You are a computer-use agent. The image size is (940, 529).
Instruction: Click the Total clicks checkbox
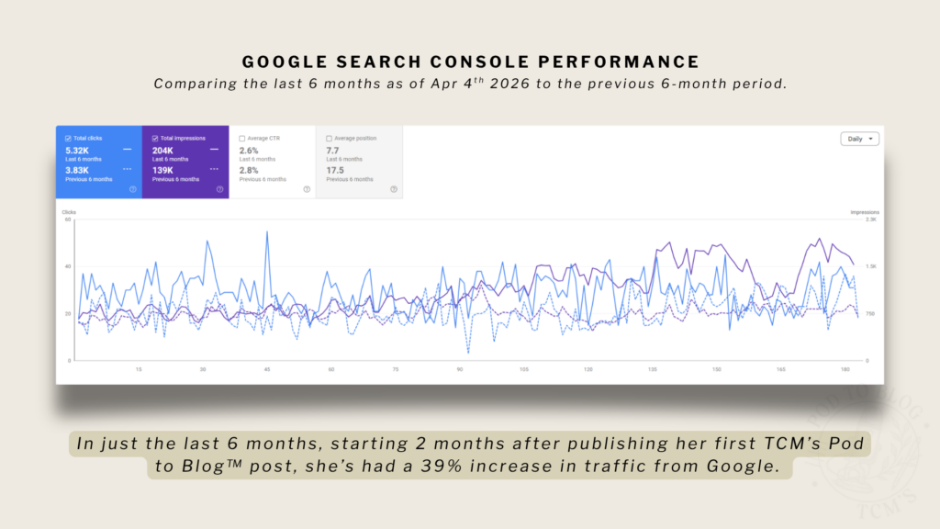point(68,138)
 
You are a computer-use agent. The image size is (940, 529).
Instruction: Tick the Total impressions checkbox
point(154,138)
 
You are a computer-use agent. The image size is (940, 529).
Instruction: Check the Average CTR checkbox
point(242,138)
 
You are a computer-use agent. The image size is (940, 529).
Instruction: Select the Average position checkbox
point(330,138)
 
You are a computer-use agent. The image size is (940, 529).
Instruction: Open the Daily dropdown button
point(859,139)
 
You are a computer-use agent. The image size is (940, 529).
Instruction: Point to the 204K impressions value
point(164,150)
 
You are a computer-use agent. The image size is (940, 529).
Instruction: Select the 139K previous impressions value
point(164,170)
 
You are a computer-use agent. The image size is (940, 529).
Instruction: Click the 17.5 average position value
point(335,170)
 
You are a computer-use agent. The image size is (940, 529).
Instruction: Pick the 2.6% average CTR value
point(248,150)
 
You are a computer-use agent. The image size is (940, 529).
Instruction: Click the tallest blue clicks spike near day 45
point(267,232)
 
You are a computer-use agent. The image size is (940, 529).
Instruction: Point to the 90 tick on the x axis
point(459,369)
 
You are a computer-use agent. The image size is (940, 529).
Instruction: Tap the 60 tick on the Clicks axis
point(67,219)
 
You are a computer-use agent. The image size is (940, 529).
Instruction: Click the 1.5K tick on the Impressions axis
point(870,266)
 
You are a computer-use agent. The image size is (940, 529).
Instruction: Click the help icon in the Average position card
point(394,189)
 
